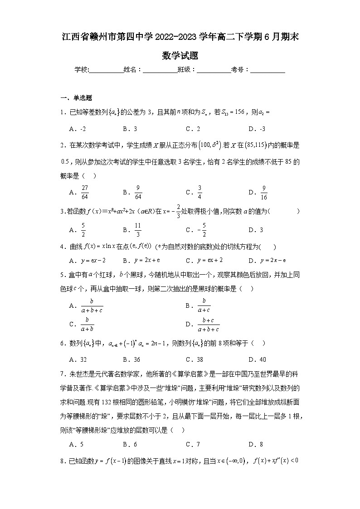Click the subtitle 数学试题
(x=180, y=56)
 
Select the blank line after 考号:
(x=268, y=70)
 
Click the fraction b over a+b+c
(x=92, y=306)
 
